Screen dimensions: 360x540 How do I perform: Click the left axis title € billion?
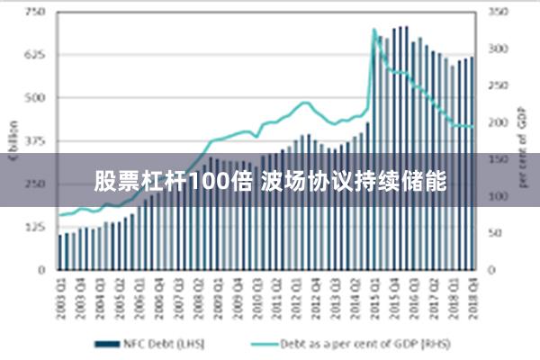click(13, 139)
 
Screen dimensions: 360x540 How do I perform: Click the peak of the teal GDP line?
click(374, 30)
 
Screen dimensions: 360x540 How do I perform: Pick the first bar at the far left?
click(60, 251)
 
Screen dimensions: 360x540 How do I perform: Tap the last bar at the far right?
click(472, 162)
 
